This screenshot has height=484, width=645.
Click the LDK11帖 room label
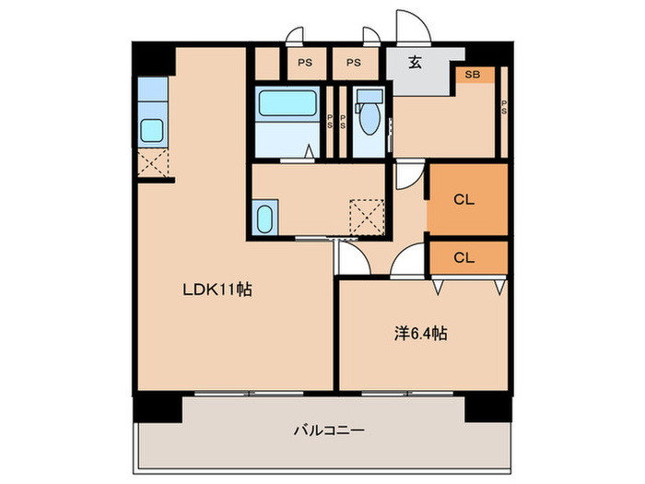tap(217, 289)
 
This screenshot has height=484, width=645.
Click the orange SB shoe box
tap(473, 74)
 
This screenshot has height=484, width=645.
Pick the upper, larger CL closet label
tap(463, 199)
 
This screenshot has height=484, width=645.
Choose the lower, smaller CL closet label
tap(463, 258)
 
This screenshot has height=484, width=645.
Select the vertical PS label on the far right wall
tap(503, 107)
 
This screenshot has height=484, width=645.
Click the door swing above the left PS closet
tap(295, 38)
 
